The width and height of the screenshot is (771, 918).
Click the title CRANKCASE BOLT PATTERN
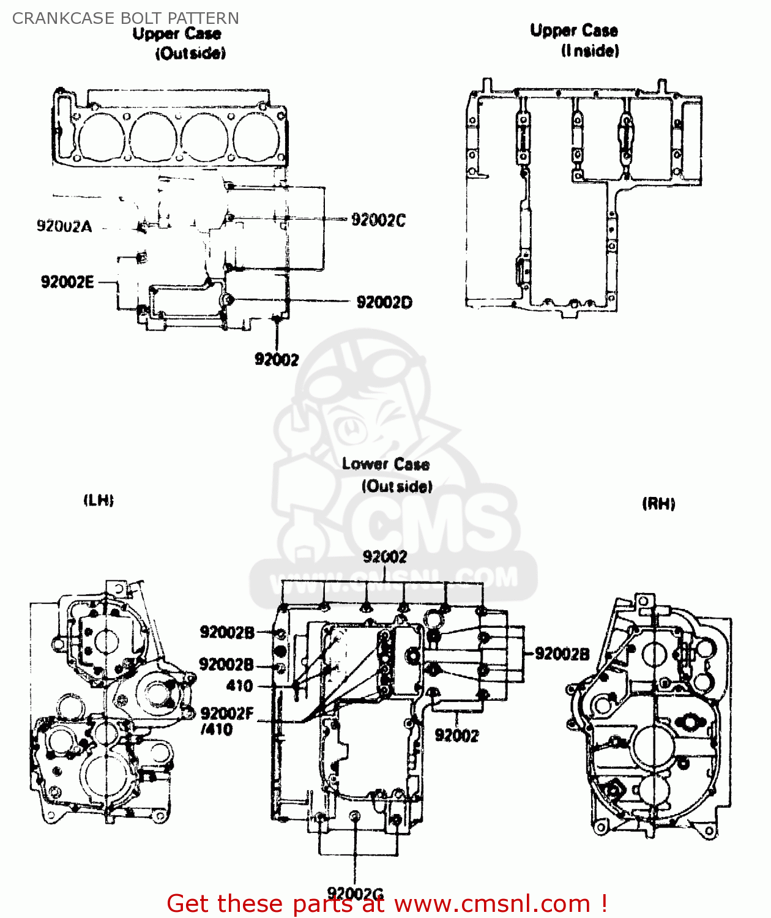(125, 18)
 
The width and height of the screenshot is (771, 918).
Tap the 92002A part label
(64, 226)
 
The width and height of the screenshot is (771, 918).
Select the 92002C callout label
(378, 220)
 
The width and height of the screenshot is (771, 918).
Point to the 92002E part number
(67, 282)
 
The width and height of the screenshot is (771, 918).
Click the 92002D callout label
(384, 302)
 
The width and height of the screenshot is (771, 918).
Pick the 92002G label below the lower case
(355, 894)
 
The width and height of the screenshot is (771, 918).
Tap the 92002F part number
(226, 714)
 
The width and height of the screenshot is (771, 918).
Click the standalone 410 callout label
(239, 686)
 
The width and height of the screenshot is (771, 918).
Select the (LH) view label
(99, 501)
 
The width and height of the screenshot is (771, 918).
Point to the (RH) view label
(658, 504)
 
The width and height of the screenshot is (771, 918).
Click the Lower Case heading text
(386, 465)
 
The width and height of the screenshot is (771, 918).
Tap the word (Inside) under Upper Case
(590, 51)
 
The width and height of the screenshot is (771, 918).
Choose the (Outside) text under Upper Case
(190, 54)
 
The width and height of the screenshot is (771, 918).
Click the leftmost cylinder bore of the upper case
(102, 138)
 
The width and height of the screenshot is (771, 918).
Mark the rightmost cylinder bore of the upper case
(258, 138)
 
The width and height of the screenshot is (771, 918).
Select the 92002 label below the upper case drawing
(277, 360)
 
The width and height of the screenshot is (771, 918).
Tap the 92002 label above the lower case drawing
(384, 557)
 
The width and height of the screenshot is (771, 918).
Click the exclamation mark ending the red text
(604, 903)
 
